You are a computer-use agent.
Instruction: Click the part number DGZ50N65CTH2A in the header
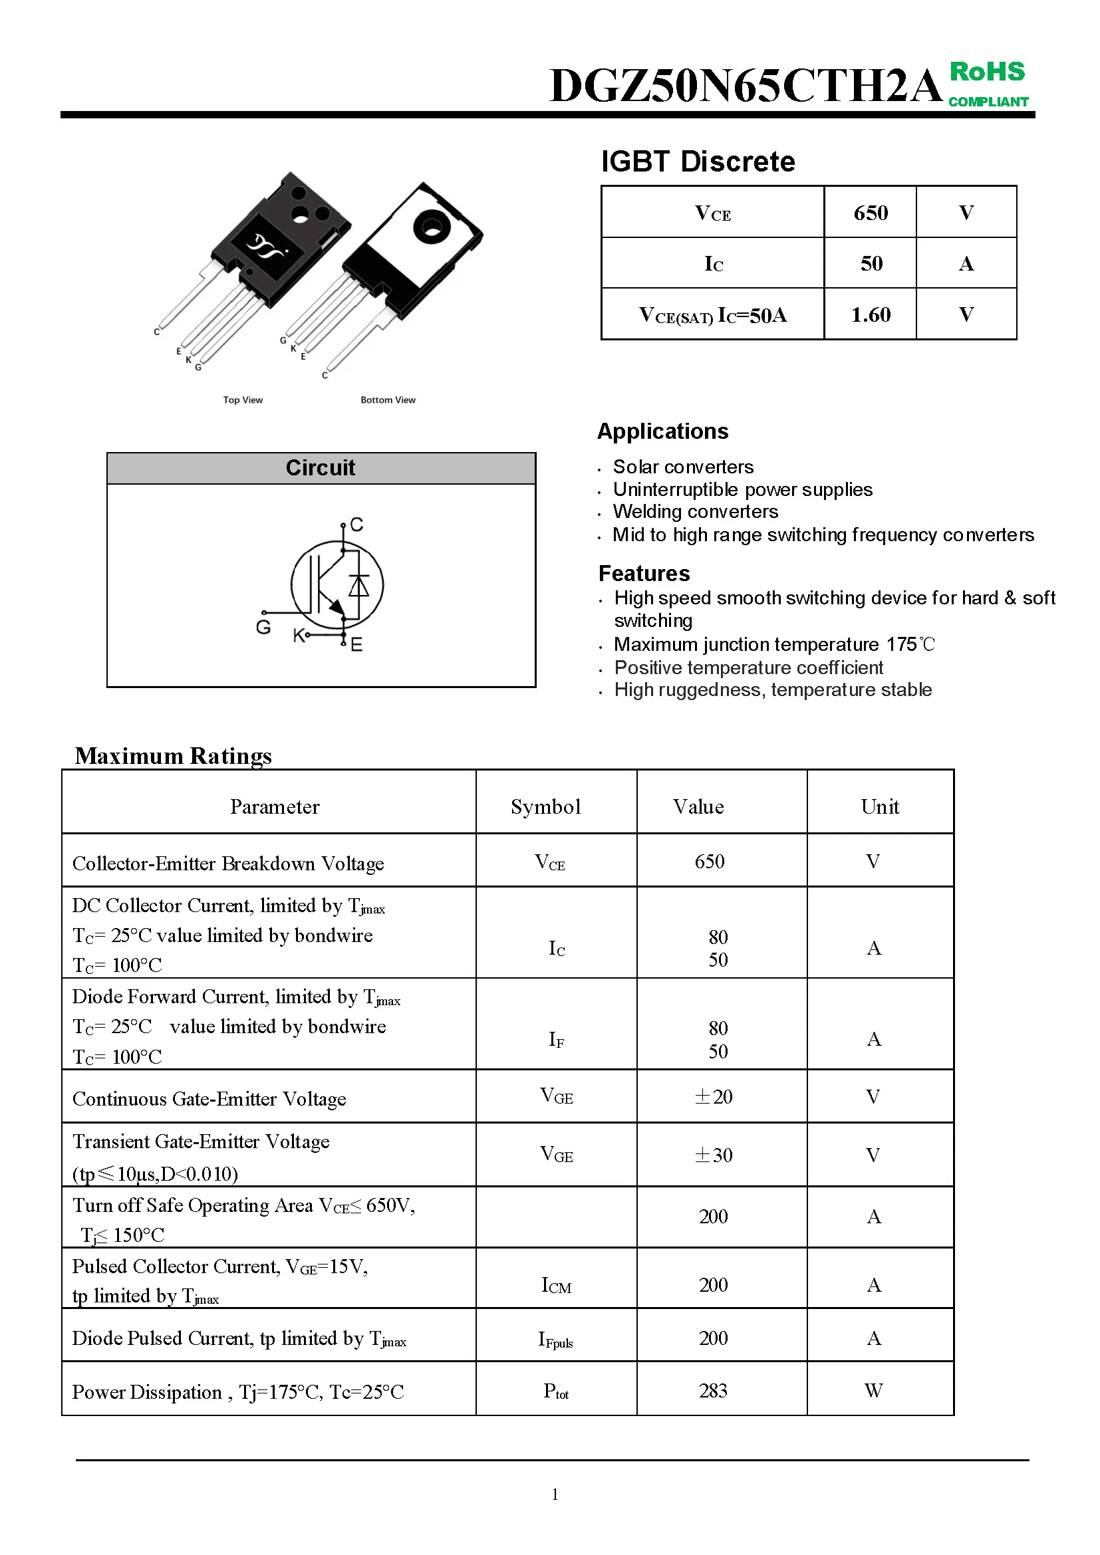coord(745,86)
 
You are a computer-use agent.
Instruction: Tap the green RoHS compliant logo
coord(988,83)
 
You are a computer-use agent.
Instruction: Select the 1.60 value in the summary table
coord(871,315)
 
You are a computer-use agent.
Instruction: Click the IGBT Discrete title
coord(698,162)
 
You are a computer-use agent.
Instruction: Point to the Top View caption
coord(243,400)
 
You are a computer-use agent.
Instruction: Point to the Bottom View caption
coord(388,400)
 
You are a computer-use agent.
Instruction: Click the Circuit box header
coord(321,468)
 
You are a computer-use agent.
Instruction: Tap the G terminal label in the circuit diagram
coord(263,627)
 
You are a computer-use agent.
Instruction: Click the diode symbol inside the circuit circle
coord(358,584)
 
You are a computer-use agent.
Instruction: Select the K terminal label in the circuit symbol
coord(298,636)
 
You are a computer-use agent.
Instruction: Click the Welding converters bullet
coord(695,512)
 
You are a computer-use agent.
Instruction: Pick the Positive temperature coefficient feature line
coord(748,667)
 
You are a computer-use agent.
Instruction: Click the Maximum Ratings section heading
coord(174,756)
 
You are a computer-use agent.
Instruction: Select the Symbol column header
coord(545,806)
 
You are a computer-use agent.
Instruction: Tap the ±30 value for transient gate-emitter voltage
coord(713,1155)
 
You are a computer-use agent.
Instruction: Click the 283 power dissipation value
coord(712,1390)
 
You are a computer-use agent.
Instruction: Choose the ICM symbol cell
coord(556,1285)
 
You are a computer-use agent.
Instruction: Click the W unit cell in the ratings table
coord(873,1390)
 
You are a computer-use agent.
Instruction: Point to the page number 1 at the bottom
coord(555,1494)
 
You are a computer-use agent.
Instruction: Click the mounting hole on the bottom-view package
coord(429,227)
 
